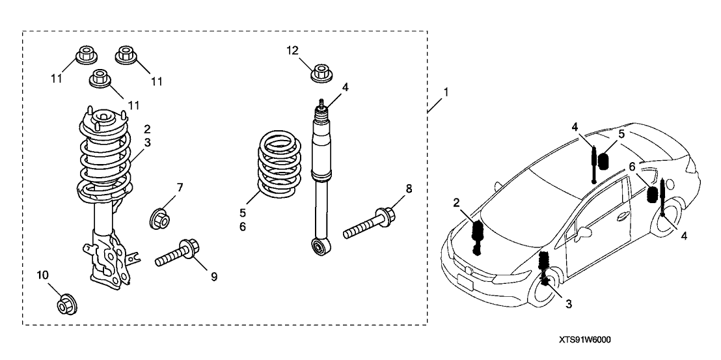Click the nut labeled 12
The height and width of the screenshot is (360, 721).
point(320,73)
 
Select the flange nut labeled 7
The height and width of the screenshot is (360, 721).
point(160,217)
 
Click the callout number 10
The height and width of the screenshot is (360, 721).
point(44,275)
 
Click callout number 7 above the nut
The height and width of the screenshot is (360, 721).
point(180,187)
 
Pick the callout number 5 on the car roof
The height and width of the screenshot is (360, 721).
point(621,135)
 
